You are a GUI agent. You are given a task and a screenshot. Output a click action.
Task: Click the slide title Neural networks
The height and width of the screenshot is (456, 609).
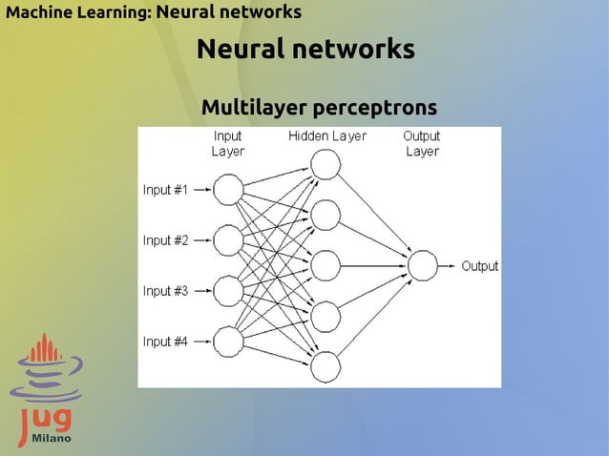(305, 49)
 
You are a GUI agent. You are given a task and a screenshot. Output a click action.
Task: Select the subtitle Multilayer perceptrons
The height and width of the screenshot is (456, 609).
(319, 107)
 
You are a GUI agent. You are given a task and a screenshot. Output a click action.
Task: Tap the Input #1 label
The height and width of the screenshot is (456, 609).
(165, 190)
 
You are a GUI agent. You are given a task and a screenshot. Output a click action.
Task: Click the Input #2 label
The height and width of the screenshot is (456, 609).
(165, 240)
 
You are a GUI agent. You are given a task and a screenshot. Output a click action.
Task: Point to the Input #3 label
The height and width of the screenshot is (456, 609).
(165, 291)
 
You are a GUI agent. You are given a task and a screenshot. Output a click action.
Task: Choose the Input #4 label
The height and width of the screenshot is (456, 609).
(165, 342)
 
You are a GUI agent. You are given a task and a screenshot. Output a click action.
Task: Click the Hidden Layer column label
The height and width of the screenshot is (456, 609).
(327, 136)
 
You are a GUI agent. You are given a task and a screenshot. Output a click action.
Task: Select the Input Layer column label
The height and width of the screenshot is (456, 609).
(228, 143)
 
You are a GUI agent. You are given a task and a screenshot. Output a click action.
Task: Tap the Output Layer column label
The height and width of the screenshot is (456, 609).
(422, 143)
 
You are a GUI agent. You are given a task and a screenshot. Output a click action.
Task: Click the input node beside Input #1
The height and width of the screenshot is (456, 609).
(228, 190)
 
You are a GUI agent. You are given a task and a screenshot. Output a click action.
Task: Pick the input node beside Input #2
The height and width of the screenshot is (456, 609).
(228, 239)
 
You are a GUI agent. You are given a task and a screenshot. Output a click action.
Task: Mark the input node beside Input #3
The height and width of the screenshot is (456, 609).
(228, 290)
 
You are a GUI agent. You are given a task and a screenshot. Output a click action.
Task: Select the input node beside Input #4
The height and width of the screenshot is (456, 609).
(228, 341)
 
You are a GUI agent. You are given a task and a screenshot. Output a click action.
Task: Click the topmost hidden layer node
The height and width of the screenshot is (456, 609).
(325, 165)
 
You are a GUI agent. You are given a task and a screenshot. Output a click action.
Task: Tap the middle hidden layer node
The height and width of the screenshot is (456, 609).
(325, 265)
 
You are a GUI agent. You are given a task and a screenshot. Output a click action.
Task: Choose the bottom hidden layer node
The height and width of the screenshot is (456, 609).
(325, 366)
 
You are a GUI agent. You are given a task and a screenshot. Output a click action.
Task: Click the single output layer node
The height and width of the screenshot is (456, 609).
(422, 265)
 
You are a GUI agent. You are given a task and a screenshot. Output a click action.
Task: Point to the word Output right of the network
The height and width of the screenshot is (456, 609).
(480, 266)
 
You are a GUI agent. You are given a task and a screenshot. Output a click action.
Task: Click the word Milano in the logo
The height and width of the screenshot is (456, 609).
(49, 438)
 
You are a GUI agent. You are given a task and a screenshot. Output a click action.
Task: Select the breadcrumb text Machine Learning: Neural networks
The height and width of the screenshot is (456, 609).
(154, 12)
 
